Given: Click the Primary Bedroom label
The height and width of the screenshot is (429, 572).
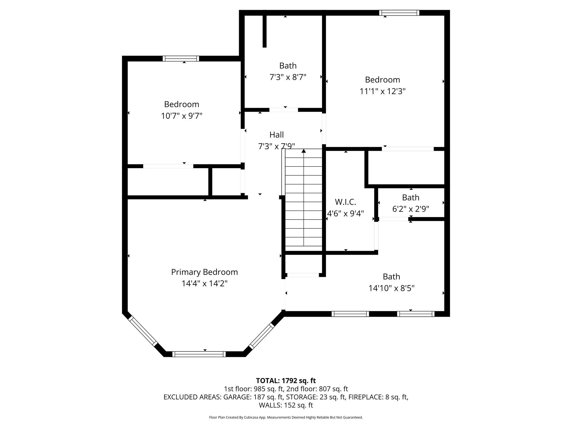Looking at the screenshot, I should point(204,272).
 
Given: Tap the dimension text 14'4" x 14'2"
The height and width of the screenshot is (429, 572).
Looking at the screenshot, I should point(204,284).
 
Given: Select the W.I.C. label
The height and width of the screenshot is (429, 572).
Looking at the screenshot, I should point(345,202).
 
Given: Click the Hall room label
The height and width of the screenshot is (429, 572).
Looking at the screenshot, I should point(277,135).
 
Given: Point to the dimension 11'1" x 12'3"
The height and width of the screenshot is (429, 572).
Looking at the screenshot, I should point(382,91).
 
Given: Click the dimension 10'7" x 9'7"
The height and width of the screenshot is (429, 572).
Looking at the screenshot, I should point(182,116).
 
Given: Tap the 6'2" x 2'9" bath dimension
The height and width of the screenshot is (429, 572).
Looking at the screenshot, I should point(411,209).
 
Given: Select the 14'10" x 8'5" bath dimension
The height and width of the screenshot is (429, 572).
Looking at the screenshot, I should point(391,288).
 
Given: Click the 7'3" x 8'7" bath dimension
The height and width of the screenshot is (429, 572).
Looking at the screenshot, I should point(288,77).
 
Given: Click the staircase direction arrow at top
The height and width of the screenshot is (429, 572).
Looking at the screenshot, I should point(304,151).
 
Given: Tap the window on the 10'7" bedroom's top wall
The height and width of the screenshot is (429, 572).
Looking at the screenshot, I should point(181,59).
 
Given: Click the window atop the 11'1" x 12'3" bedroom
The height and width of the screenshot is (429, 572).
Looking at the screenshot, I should point(399,13).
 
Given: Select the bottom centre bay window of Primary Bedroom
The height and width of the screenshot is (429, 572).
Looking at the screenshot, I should point(199,354).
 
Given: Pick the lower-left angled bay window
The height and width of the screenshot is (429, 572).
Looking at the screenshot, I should point(143,332).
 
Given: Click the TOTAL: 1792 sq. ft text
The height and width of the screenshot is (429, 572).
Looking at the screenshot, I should point(286,380).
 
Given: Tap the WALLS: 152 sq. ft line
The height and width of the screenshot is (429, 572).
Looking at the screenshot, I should point(286,405).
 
